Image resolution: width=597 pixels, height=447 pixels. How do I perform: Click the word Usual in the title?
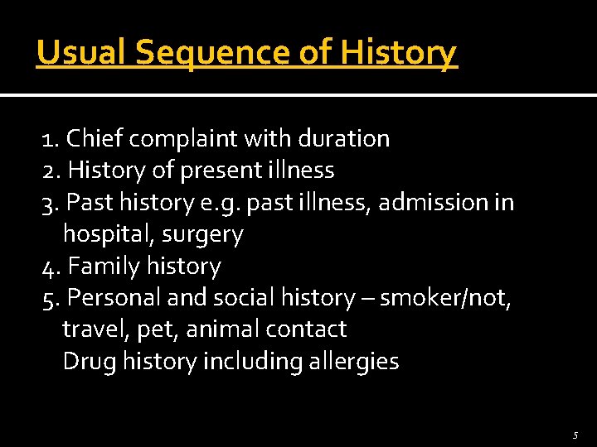coord(80,53)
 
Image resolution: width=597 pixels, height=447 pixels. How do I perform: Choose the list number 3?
coord(48,202)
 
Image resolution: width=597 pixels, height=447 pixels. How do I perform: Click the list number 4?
coord(48,267)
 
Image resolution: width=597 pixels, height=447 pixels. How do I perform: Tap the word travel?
coord(88,329)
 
